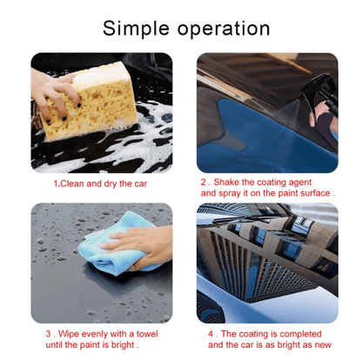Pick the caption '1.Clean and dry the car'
coord(102,184)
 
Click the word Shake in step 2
coord(231,182)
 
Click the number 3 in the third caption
coord(49,333)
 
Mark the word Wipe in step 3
coord(70,333)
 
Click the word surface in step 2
coord(312,193)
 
